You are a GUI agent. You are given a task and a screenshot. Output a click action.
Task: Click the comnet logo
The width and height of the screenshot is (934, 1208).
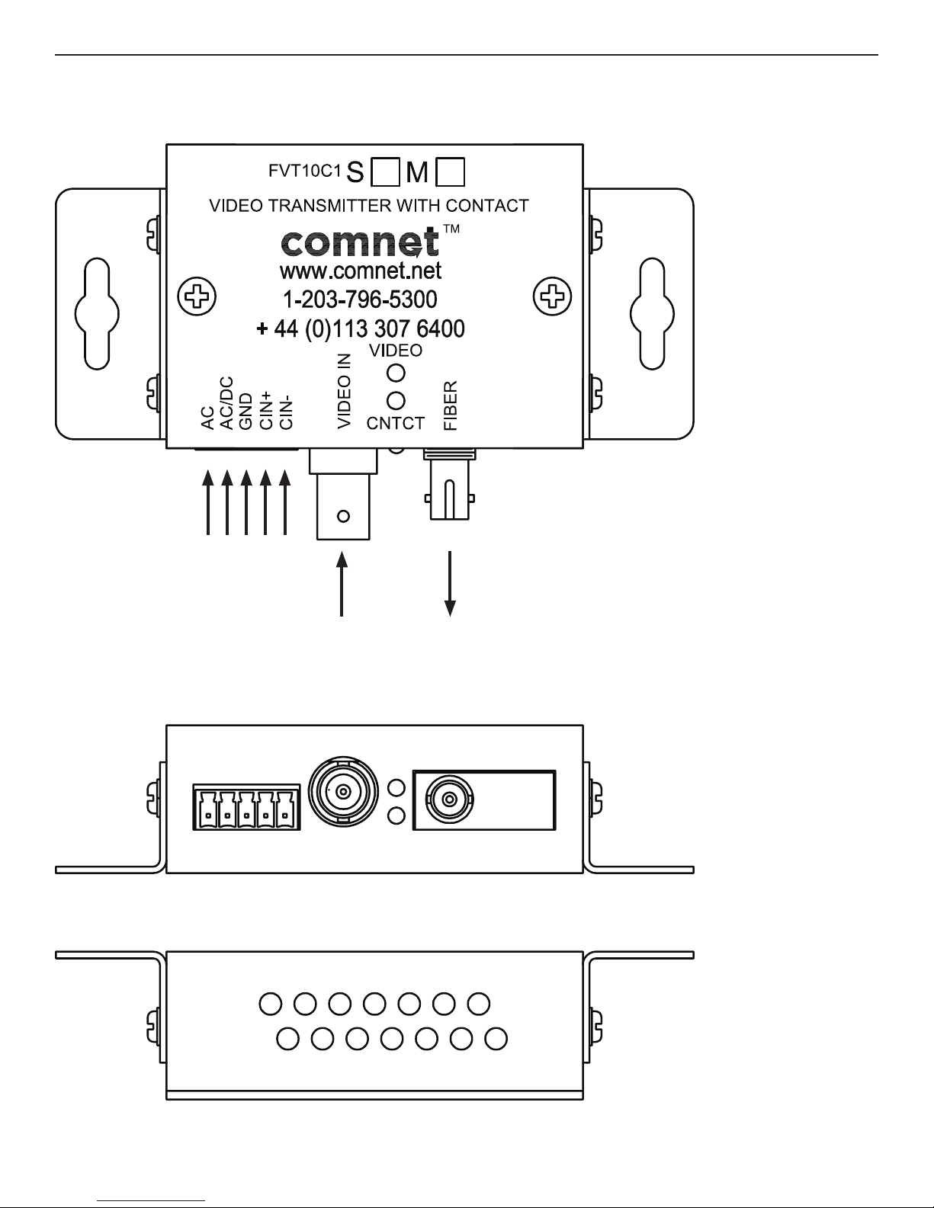pyautogui.click(x=361, y=243)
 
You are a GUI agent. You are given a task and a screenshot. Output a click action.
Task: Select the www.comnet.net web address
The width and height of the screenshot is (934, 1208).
pyautogui.click(x=361, y=271)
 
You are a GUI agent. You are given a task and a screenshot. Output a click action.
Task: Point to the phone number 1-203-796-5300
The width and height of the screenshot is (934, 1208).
pyautogui.click(x=360, y=299)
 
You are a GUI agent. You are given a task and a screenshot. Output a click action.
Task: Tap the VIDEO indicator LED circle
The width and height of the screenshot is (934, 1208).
pyautogui.click(x=396, y=373)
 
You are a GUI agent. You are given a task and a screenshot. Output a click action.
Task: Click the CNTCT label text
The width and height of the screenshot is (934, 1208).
pyautogui.click(x=395, y=425)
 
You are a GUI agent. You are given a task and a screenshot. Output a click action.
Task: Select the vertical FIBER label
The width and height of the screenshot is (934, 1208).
pyautogui.click(x=451, y=405)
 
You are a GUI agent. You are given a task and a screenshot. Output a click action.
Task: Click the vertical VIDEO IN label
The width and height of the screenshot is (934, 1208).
pyautogui.click(x=344, y=390)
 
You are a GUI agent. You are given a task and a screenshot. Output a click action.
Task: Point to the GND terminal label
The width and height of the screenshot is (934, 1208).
pyautogui.click(x=246, y=412)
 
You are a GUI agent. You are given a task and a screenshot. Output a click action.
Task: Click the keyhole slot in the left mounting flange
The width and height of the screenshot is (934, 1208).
pyautogui.click(x=97, y=312)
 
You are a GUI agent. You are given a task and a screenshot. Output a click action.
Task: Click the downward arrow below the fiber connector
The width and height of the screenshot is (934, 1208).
pyautogui.click(x=451, y=582)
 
